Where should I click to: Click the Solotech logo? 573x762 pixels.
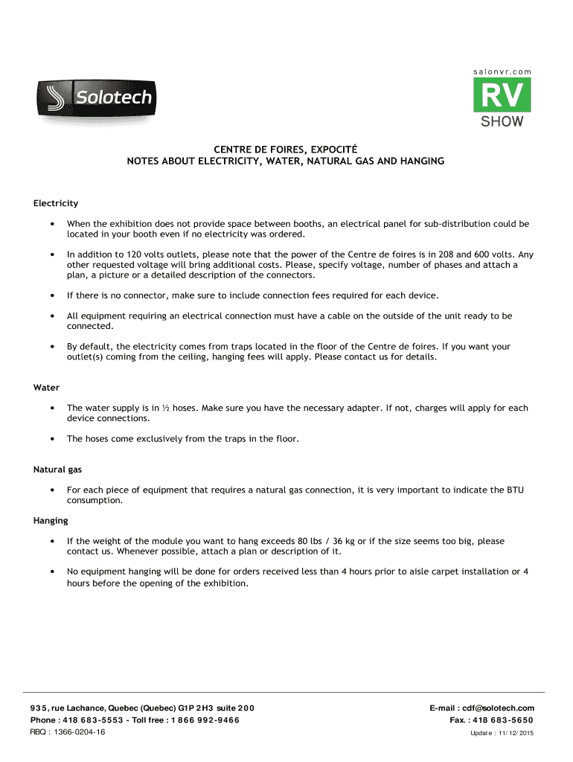point(95,97)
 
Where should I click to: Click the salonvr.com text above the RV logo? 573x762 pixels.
point(502,71)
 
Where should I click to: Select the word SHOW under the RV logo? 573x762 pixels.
point(502,121)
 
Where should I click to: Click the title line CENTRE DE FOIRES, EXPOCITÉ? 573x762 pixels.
point(285,149)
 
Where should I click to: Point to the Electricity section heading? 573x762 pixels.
point(56,203)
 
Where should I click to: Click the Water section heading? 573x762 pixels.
point(46,388)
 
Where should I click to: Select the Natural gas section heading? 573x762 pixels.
point(57,470)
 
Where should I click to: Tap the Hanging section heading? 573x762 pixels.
point(51,521)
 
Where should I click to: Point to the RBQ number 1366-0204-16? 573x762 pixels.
point(78,732)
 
